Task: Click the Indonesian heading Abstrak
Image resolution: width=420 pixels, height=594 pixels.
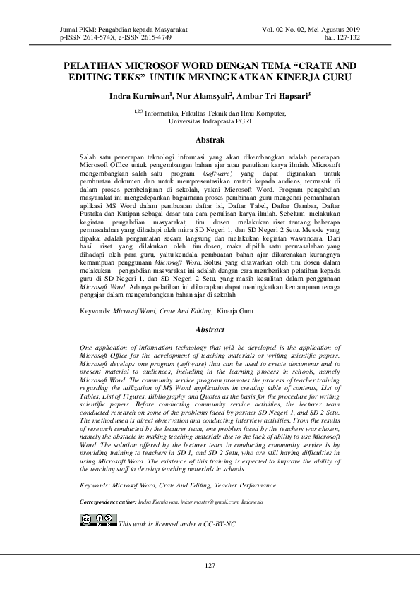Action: (x=210, y=140)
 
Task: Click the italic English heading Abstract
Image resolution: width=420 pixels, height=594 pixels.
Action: (x=210, y=329)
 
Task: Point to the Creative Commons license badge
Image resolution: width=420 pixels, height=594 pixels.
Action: (x=97, y=521)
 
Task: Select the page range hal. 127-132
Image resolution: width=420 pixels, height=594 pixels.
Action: (x=342, y=36)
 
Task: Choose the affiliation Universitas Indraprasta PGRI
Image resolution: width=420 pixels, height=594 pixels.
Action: (x=210, y=121)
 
